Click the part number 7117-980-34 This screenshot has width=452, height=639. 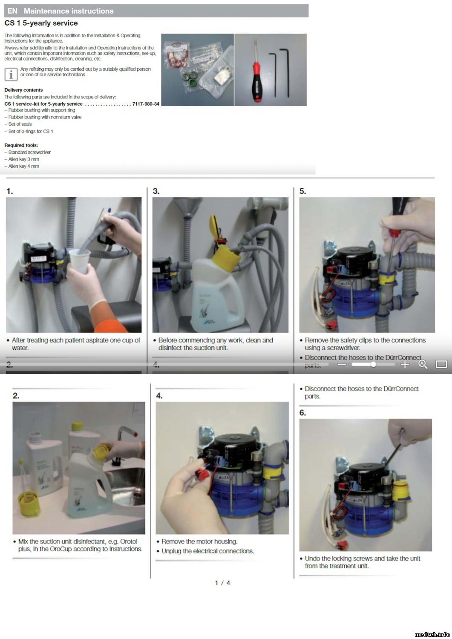click(x=146, y=104)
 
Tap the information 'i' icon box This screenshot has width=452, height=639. click(x=11, y=75)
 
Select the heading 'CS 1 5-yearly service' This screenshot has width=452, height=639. click(x=41, y=23)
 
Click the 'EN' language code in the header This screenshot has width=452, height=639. click(x=12, y=11)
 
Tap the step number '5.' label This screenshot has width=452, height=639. click(x=302, y=191)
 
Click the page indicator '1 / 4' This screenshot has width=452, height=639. click(x=222, y=583)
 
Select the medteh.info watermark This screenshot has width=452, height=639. click(x=432, y=634)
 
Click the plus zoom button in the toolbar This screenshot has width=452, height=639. click(x=405, y=364)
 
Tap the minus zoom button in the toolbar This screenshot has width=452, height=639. click(x=342, y=364)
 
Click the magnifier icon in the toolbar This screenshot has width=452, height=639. click(x=423, y=364)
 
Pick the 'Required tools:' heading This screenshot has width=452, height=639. click(x=21, y=145)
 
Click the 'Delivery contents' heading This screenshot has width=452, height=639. click(x=24, y=90)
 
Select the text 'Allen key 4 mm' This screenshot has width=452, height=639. click(x=24, y=166)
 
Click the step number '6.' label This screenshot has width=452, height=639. click(x=302, y=413)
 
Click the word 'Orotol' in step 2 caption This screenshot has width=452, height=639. click(x=128, y=541)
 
